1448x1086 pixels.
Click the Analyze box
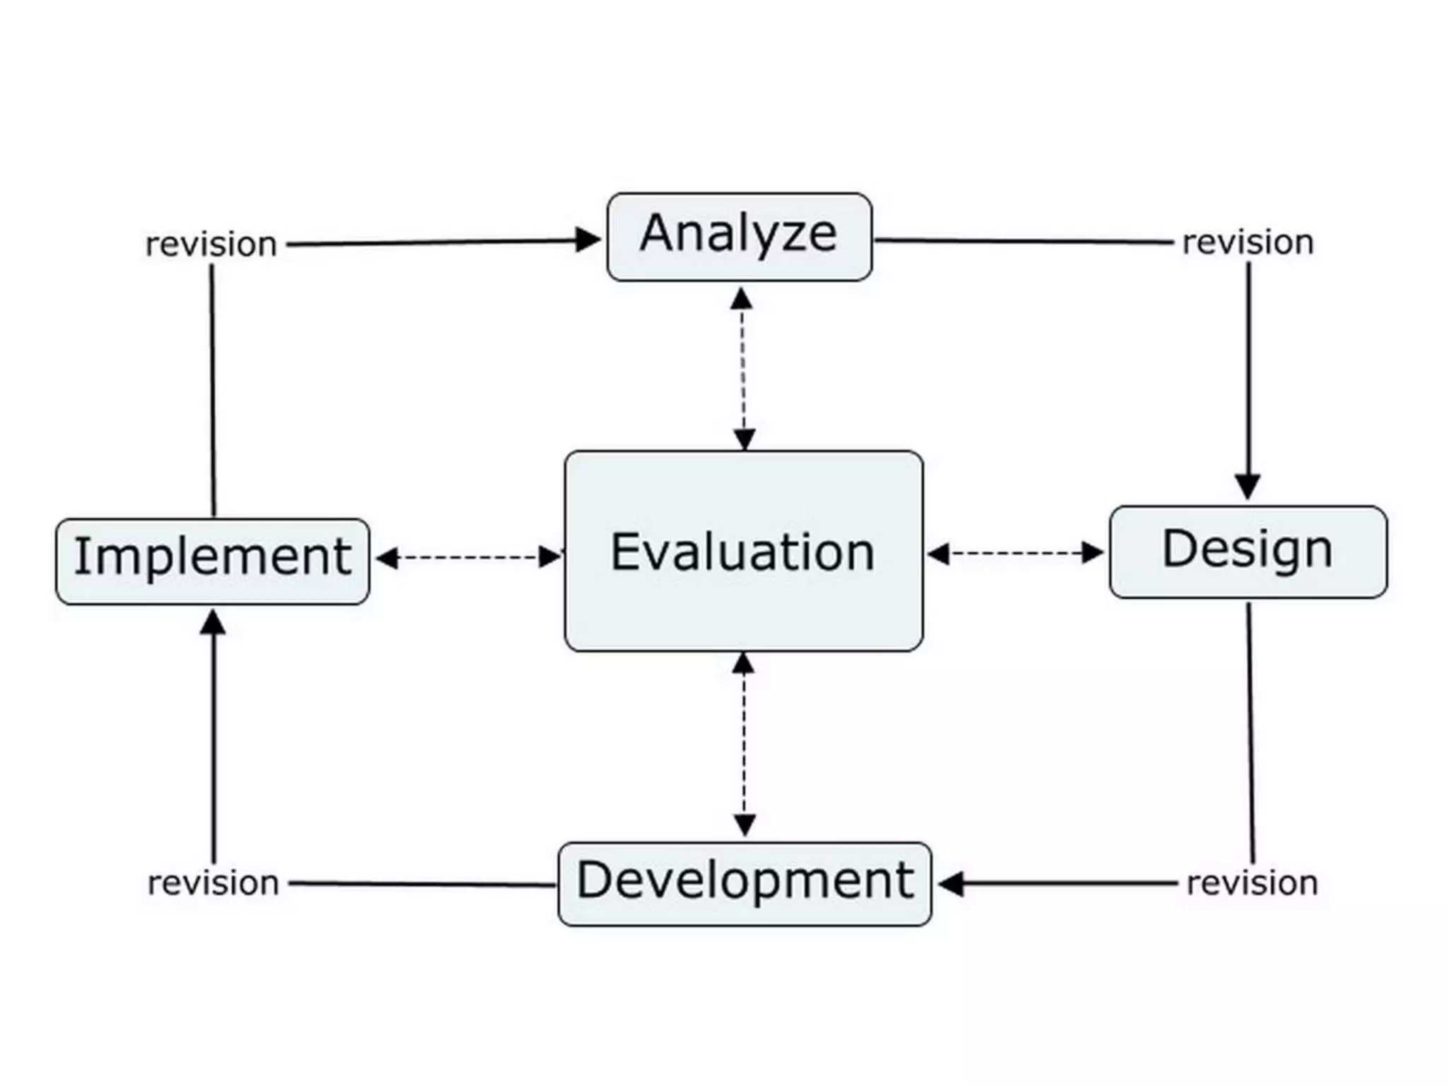click(739, 236)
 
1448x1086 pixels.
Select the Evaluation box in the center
click(743, 551)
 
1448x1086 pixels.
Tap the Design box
click(1248, 551)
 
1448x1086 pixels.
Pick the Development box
click(745, 883)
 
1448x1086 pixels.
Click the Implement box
click(212, 561)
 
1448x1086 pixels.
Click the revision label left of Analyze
click(211, 245)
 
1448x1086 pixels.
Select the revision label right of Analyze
click(1248, 243)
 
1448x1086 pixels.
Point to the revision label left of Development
click(213, 883)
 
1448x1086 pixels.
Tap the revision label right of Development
click(1252, 883)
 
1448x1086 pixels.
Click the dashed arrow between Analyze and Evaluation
click(742, 368)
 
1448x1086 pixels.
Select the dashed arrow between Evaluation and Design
click(1015, 553)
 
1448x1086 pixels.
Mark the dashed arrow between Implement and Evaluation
click(468, 557)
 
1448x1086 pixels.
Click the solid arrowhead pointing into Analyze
click(588, 240)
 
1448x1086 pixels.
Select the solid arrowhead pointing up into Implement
click(213, 623)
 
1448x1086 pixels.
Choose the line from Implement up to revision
click(212, 389)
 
